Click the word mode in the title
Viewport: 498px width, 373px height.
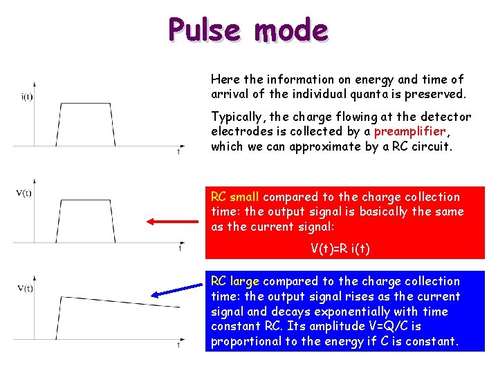coord(290,30)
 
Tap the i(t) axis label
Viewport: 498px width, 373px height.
coord(27,97)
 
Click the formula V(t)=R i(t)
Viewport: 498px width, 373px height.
coord(340,249)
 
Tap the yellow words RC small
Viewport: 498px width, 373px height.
coord(234,197)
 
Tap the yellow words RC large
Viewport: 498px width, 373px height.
coord(234,281)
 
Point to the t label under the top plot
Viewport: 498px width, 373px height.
coord(178,152)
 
